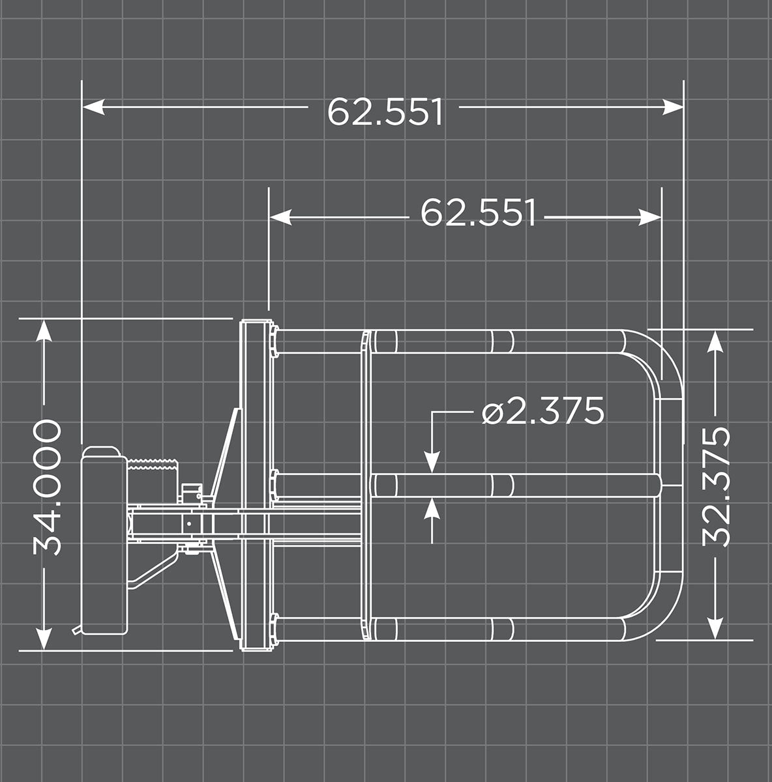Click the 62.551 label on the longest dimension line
tap(385, 111)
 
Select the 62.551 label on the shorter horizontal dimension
tap(478, 212)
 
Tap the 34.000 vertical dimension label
tap(48, 487)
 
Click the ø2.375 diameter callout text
tap(543, 411)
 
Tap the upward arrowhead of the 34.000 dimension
tap(44, 331)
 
